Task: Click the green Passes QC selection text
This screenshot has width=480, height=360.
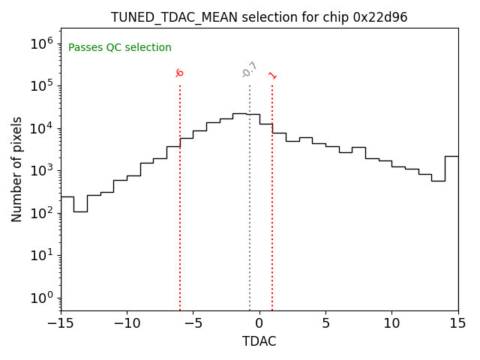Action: click(120, 48)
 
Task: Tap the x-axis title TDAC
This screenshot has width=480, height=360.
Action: click(259, 341)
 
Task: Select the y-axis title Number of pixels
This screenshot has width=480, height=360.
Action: click(17, 169)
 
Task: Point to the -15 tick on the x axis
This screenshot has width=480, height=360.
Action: click(61, 323)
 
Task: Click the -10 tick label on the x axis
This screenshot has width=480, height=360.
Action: click(127, 323)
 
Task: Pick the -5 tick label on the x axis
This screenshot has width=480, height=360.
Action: click(193, 323)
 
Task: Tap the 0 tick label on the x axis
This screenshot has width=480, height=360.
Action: click(259, 323)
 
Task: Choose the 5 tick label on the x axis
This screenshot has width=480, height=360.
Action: click(325, 323)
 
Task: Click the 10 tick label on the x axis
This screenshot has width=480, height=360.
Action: click(391, 323)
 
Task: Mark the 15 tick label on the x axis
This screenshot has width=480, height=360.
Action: click(457, 323)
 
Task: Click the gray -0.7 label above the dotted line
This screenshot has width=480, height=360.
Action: click(250, 70)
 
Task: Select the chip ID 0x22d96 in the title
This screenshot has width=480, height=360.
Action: click(380, 17)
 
